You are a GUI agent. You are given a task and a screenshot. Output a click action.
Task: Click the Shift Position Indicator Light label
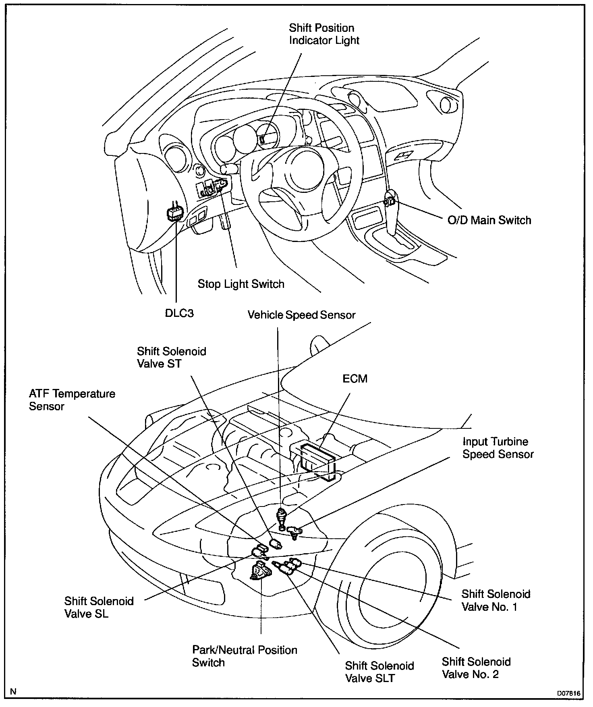pos(324,34)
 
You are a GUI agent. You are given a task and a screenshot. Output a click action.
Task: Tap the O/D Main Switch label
pos(489,220)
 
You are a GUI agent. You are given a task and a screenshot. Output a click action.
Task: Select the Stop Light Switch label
pos(241,284)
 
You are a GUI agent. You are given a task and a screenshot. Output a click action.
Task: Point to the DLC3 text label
pos(179,314)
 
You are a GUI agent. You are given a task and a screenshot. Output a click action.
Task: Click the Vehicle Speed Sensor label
pos(301,315)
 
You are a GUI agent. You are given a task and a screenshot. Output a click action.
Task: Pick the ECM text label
pos(355,379)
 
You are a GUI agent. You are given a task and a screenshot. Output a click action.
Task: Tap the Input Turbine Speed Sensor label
pos(498,448)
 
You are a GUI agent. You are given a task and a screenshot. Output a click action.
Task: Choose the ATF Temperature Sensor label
pos(72,400)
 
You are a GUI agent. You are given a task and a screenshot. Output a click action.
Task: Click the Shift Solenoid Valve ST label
pos(172,358)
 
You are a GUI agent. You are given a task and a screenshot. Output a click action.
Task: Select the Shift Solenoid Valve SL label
pos(99,608)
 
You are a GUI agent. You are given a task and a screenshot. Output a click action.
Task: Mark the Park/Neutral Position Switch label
pos(245,656)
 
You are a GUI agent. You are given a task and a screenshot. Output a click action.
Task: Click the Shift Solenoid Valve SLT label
pos(379,672)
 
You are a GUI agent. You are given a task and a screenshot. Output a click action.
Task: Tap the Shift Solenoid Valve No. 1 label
pos(496,600)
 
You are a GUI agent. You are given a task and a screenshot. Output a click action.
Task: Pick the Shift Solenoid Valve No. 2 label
pos(476,668)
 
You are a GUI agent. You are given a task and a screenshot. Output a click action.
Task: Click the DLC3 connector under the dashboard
pos(175,213)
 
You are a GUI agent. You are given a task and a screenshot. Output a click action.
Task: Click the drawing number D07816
pos(568,693)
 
